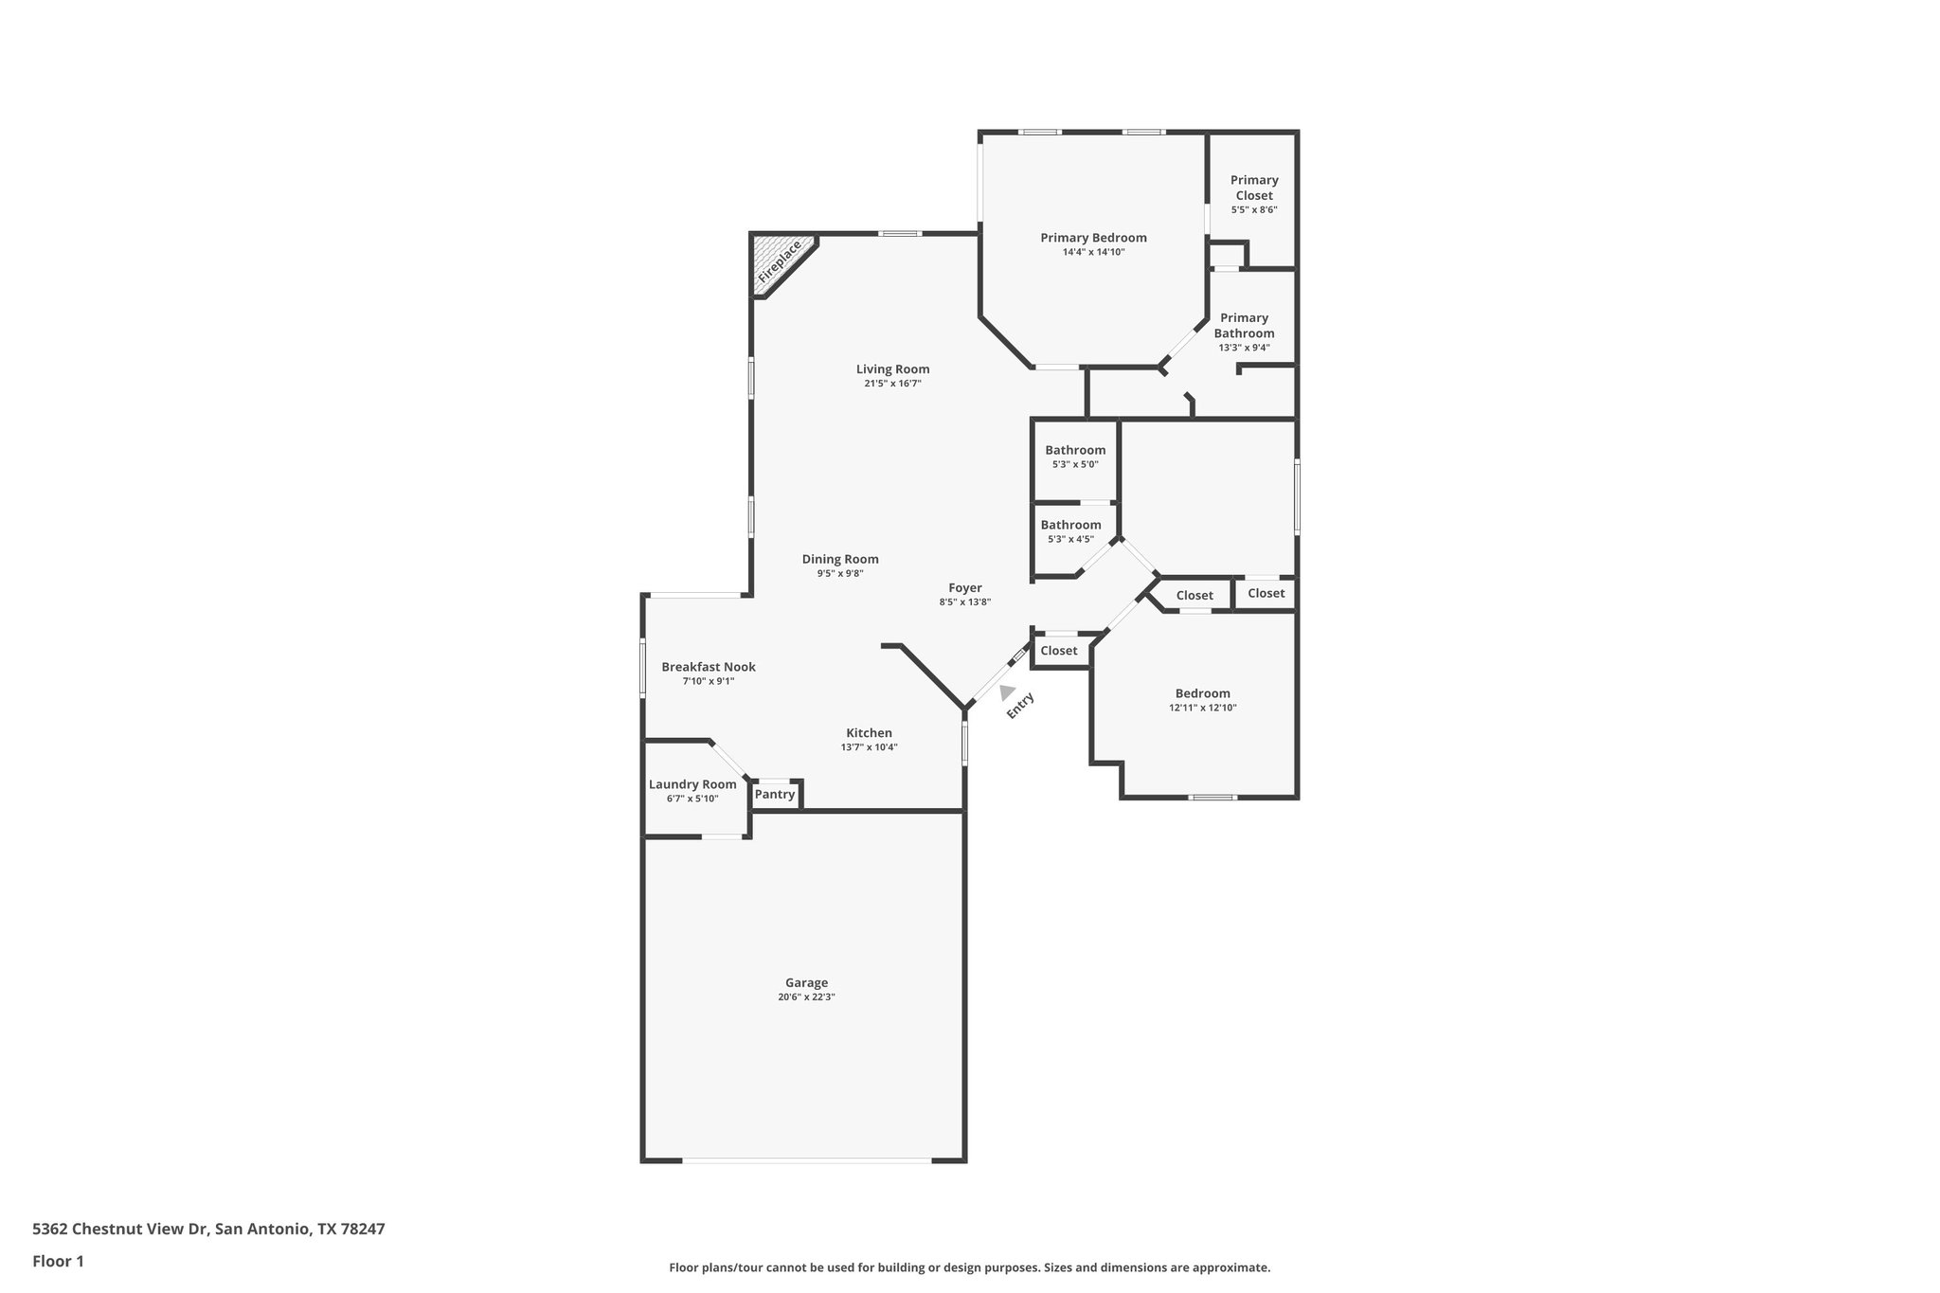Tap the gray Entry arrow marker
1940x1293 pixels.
[x=1006, y=692]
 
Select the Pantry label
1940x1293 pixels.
[x=775, y=794]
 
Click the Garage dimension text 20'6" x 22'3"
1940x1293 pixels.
[x=806, y=997]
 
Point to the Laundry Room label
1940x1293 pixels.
[x=692, y=784]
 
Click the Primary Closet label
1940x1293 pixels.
[x=1254, y=188]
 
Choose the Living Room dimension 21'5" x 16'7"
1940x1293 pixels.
[x=892, y=384]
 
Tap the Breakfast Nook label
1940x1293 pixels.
[x=709, y=667]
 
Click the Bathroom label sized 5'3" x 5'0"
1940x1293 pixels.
[x=1075, y=450]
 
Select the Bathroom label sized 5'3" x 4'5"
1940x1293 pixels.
[x=1070, y=525]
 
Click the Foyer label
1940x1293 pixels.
[x=965, y=588]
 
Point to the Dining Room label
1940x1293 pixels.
[x=840, y=559]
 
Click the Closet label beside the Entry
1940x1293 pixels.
[x=1059, y=651]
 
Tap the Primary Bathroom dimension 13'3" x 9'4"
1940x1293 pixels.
[x=1244, y=348]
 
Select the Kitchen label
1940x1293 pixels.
[x=869, y=733]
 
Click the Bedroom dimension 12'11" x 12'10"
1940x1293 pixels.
[x=1203, y=708]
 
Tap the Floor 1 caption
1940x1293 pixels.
[x=58, y=1261]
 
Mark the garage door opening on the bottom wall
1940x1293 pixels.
[x=806, y=1160]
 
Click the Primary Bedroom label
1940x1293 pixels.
[x=1093, y=238]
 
